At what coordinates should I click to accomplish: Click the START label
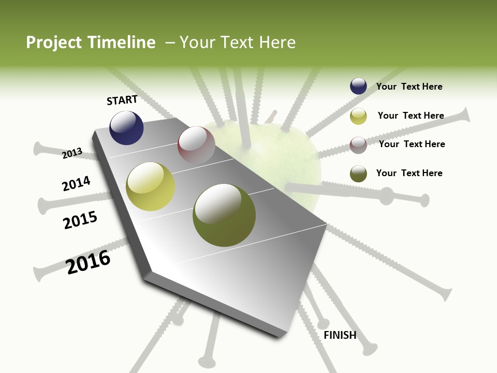pyautogui.click(x=122, y=100)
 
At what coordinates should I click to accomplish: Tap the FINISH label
pyautogui.click(x=340, y=335)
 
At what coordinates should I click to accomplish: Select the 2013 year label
pyautogui.click(x=72, y=153)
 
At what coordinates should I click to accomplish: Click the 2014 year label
pyautogui.click(x=76, y=183)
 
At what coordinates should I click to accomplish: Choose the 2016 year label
pyautogui.click(x=88, y=262)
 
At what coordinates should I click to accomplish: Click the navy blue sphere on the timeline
pyautogui.click(x=126, y=128)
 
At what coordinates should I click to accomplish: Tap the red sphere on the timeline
pyautogui.click(x=196, y=145)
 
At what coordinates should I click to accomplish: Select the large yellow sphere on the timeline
pyautogui.click(x=151, y=187)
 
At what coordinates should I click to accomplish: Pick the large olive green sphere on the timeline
pyautogui.click(x=224, y=215)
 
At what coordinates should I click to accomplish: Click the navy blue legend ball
pyautogui.click(x=358, y=86)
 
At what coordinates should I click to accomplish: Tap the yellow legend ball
pyautogui.click(x=358, y=116)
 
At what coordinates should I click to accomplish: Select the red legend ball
pyautogui.click(x=358, y=145)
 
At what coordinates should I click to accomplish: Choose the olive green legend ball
pyautogui.click(x=358, y=174)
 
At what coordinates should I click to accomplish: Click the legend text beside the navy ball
pyautogui.click(x=410, y=87)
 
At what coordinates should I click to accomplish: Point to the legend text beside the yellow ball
pyautogui.click(x=411, y=116)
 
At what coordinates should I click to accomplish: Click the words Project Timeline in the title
pyautogui.click(x=91, y=42)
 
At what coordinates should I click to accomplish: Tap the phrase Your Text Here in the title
pyautogui.click(x=237, y=42)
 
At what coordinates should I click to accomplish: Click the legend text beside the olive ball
pyautogui.click(x=410, y=173)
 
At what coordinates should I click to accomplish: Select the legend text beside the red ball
pyautogui.click(x=412, y=144)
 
